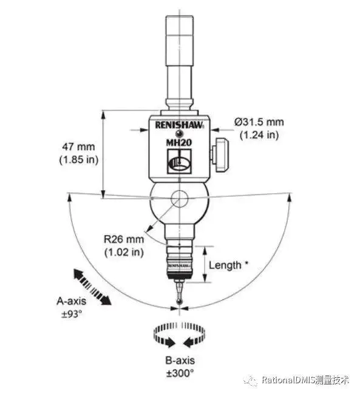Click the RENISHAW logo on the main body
point(179,125)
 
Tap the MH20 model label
point(179,143)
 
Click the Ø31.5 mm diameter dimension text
point(259,122)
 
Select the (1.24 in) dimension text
point(259,135)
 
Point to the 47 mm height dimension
point(78,147)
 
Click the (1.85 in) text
point(78,160)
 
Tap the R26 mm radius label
point(124,239)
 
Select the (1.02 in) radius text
point(124,252)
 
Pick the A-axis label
point(72,301)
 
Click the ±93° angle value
point(72,314)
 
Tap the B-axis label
point(180,360)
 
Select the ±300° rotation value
point(180,374)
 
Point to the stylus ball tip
point(179,302)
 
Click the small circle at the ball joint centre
point(179,199)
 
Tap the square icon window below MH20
point(179,161)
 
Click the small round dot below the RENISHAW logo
point(179,133)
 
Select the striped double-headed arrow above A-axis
point(92,287)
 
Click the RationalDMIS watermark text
point(305,380)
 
